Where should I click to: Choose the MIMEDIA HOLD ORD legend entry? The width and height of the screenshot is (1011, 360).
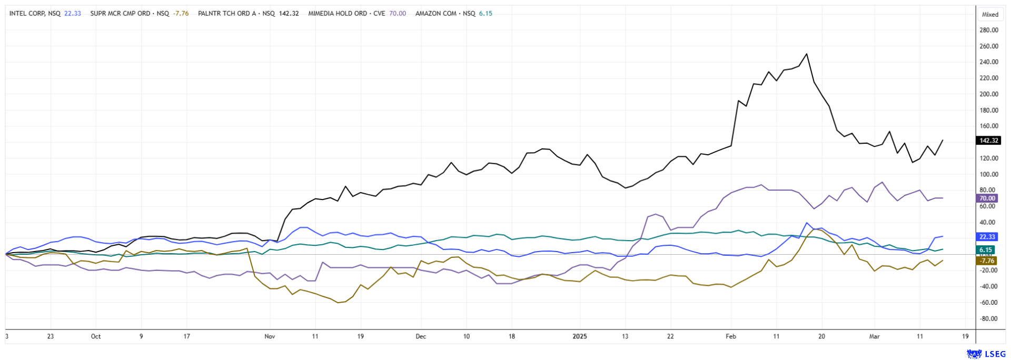tap(345, 14)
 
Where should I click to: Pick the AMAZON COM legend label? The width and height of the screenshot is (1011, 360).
tap(445, 14)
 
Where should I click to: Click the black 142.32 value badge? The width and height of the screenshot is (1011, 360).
tap(988, 141)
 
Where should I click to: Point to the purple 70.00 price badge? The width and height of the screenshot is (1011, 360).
tap(987, 198)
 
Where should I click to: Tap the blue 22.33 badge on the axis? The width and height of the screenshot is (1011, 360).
tap(987, 237)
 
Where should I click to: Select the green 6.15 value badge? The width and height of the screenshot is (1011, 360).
tap(985, 250)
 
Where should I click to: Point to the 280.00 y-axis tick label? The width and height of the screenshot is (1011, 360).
tap(988, 30)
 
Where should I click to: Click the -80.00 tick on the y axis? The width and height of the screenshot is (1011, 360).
tap(988, 318)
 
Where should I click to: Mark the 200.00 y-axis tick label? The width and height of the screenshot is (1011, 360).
tap(988, 94)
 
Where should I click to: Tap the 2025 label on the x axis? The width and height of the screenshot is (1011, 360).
tap(580, 336)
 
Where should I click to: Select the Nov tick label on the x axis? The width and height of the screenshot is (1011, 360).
tap(270, 336)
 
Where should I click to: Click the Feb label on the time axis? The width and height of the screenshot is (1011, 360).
tap(730, 336)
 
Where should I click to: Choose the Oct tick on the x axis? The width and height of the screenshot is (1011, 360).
tap(95, 336)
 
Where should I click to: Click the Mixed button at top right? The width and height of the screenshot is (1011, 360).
tap(990, 15)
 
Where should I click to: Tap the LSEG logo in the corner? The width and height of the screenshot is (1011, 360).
tap(986, 354)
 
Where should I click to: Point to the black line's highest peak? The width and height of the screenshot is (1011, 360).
tap(807, 54)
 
